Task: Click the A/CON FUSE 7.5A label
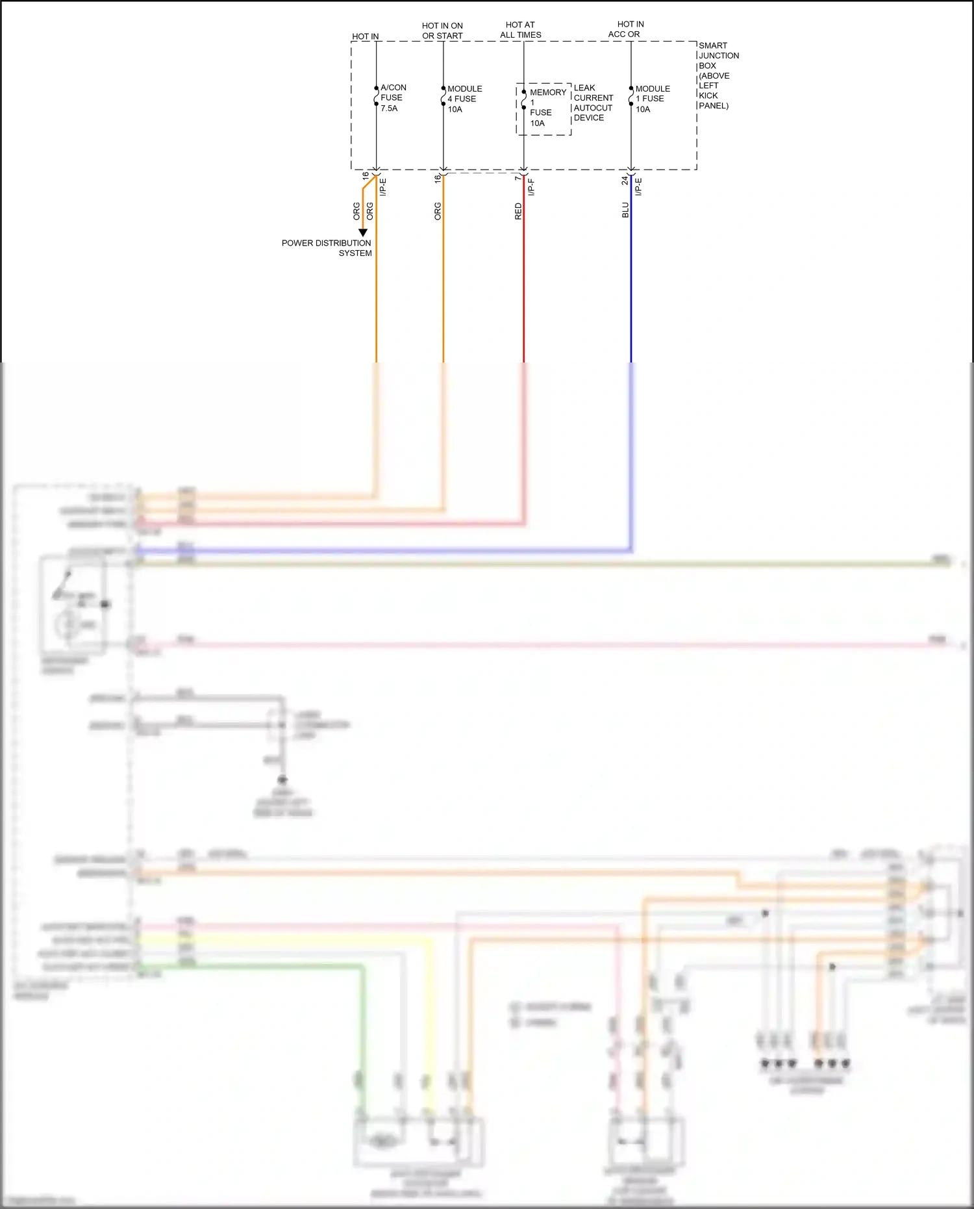393,98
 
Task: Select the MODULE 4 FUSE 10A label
464,99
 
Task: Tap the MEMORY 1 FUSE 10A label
547,108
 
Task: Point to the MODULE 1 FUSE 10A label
652,99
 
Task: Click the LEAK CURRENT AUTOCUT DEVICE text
593,103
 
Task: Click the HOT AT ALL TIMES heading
521,30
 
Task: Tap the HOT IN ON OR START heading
442,31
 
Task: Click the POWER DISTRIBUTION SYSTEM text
327,248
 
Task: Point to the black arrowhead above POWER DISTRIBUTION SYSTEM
363,232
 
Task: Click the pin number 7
518,178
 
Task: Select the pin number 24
625,180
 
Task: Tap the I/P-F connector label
531,187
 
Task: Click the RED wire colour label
518,211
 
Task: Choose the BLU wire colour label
625,210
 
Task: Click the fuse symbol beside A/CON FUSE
376,97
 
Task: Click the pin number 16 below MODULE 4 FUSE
438,178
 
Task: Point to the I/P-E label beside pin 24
638,187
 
